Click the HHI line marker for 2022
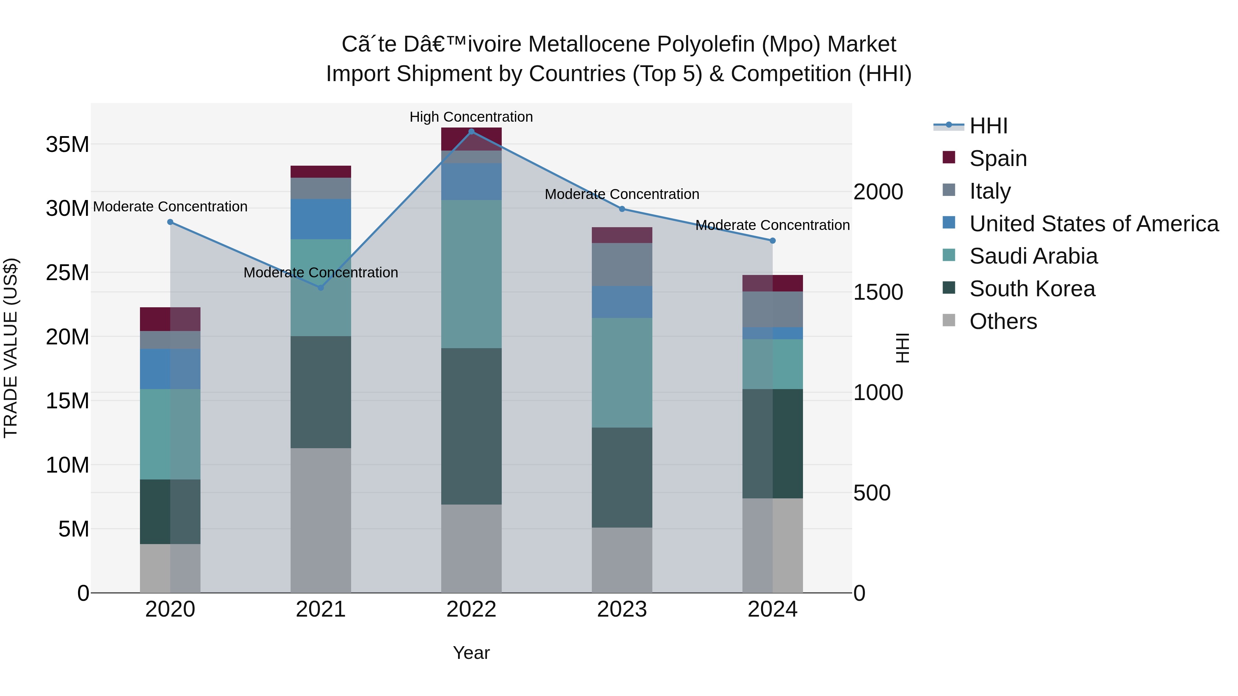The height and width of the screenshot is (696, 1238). tap(471, 131)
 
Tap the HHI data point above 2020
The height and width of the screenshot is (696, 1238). tap(170, 222)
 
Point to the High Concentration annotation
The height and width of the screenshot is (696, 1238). tap(471, 117)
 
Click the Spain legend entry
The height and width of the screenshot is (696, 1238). tap(998, 158)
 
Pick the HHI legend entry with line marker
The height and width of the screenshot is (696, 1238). tap(988, 126)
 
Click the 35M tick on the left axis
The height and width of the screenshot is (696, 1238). tap(67, 144)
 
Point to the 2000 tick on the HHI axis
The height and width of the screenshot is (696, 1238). tap(878, 192)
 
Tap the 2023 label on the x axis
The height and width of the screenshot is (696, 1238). tap(621, 609)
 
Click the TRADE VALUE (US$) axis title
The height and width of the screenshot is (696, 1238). tap(11, 348)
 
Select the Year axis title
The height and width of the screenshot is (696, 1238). tap(471, 653)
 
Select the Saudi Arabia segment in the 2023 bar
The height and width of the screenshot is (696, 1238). tap(621, 372)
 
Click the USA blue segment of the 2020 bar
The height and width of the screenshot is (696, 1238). tap(170, 368)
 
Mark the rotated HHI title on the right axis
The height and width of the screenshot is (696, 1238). tap(903, 348)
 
